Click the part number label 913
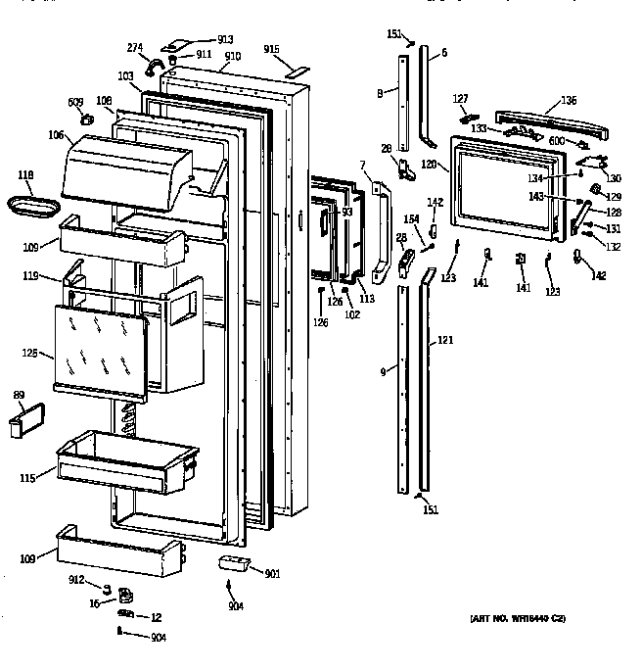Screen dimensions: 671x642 click(x=226, y=39)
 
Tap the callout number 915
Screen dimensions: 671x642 click(x=271, y=49)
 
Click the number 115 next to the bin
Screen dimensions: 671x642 click(x=27, y=478)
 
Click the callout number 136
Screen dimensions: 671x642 click(x=568, y=101)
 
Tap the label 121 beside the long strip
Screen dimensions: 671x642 click(x=444, y=340)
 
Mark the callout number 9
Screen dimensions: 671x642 click(x=383, y=372)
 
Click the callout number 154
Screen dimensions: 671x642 click(x=412, y=219)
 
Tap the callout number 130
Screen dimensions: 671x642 click(x=614, y=178)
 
